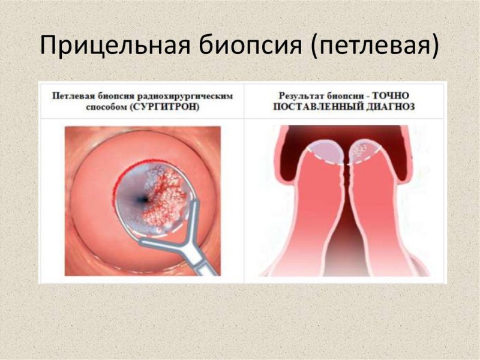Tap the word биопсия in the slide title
pos(250,45)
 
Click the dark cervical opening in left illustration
pos(142,200)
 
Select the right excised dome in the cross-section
pos(365,152)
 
